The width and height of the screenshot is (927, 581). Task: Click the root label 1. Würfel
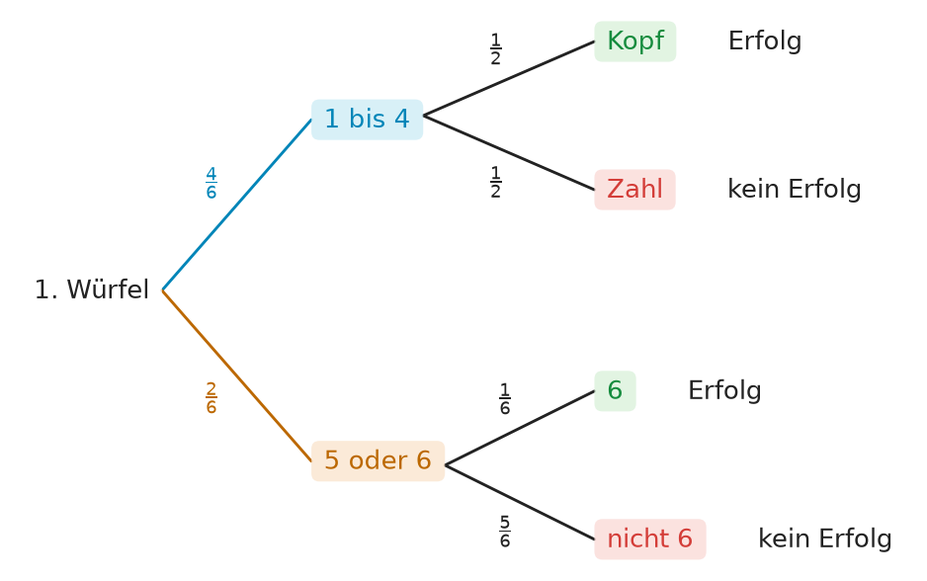click(x=92, y=290)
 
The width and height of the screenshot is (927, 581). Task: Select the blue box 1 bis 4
click(x=367, y=120)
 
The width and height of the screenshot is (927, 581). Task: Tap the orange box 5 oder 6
click(x=378, y=461)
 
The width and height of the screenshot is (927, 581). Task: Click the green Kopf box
click(x=634, y=41)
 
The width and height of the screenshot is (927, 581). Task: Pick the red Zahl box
click(x=634, y=190)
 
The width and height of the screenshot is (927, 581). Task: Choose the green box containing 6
click(x=615, y=390)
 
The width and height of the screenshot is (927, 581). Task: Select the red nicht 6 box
click(x=650, y=539)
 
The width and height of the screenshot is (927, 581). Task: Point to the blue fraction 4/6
click(x=211, y=183)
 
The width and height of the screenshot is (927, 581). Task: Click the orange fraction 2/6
click(x=211, y=398)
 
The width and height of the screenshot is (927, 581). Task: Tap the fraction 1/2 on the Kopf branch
click(x=495, y=49)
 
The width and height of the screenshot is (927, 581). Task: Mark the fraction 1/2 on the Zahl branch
click(x=495, y=182)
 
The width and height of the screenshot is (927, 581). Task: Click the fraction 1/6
click(x=504, y=399)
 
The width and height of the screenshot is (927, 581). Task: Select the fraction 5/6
click(x=504, y=532)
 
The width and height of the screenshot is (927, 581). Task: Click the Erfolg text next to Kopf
click(x=765, y=41)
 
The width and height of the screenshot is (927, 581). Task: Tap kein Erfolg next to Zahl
click(x=794, y=190)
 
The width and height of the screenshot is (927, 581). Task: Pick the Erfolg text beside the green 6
click(x=724, y=390)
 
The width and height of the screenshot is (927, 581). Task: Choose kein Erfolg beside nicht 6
click(x=825, y=539)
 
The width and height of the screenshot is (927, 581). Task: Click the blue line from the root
click(x=237, y=205)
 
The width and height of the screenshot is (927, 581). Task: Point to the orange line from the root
click(x=237, y=375)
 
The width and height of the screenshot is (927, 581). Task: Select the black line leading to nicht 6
click(x=520, y=502)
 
